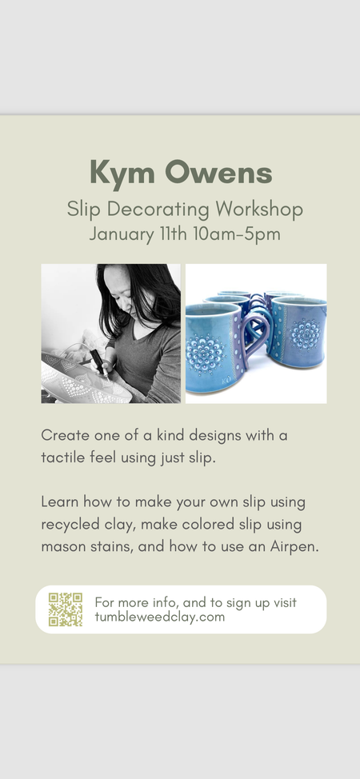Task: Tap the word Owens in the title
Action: coord(218,173)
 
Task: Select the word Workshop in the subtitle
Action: coord(259,210)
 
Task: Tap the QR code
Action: coord(65,609)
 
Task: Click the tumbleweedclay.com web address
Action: coord(160,617)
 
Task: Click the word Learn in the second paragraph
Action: coord(60,501)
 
